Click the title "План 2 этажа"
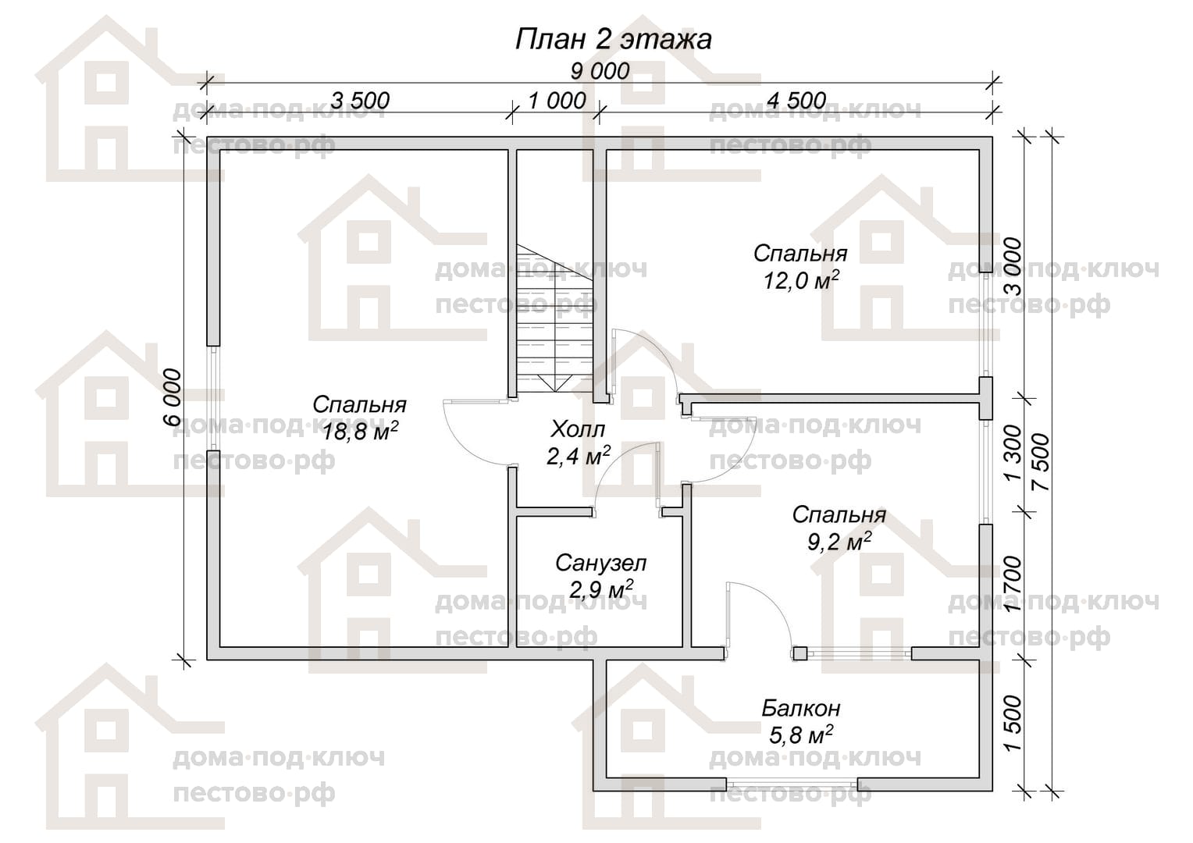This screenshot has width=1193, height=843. tap(613, 39)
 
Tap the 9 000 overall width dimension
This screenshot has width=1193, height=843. tap(600, 71)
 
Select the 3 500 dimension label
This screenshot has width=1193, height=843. tap(360, 100)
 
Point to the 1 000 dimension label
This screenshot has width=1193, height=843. tap(557, 100)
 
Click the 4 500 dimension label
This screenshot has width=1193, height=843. tap(796, 100)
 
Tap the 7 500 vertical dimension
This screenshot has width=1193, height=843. tap(1040, 461)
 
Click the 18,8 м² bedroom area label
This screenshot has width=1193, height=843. tap(360, 432)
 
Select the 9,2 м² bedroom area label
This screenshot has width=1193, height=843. tap(839, 542)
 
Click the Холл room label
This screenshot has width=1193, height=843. tap(578, 429)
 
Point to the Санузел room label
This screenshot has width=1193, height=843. tap(600, 564)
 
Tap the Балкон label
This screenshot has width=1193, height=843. tap(800, 708)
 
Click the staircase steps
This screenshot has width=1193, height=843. tap(555, 318)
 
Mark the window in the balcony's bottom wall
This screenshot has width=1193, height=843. tap(792, 784)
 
